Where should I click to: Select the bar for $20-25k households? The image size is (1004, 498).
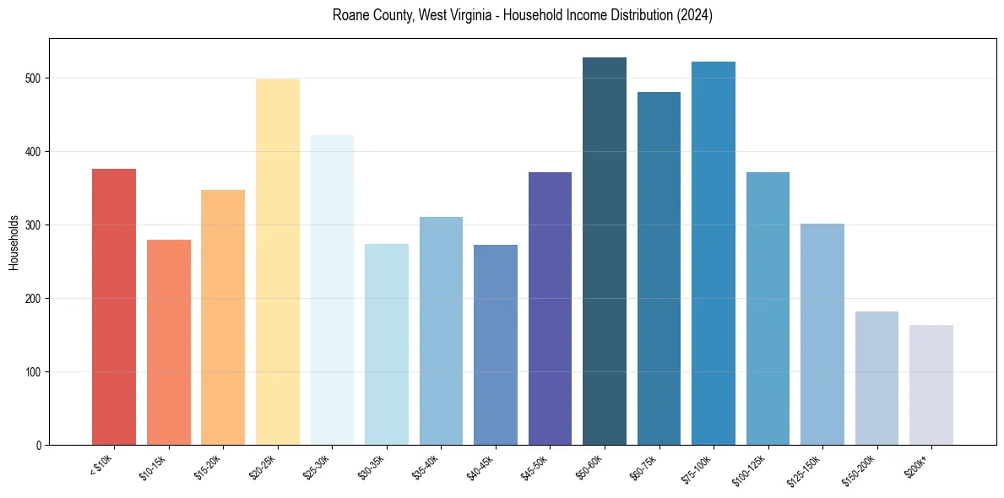(x=277, y=262)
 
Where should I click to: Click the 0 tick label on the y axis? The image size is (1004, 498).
(x=41, y=445)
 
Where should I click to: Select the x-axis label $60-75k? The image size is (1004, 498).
(x=643, y=468)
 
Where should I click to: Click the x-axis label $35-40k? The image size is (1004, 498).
(x=426, y=468)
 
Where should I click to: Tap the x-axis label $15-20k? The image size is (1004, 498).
(x=208, y=468)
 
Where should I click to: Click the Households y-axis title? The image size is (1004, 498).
(x=14, y=242)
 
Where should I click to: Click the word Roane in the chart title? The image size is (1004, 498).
(x=349, y=16)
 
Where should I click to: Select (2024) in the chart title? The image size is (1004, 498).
(x=694, y=16)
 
